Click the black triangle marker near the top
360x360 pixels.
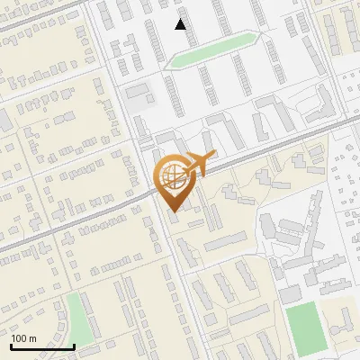point(181,24)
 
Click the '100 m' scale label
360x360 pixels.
point(23,338)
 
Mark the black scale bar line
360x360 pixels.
point(41,346)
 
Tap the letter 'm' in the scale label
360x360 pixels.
point(32,338)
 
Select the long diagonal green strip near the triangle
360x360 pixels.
point(214,50)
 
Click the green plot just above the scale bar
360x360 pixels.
point(79,319)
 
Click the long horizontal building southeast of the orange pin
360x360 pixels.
point(225,241)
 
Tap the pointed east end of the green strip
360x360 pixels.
point(262,38)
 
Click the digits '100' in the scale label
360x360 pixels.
point(19,338)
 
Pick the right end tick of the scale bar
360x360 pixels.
point(74,346)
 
